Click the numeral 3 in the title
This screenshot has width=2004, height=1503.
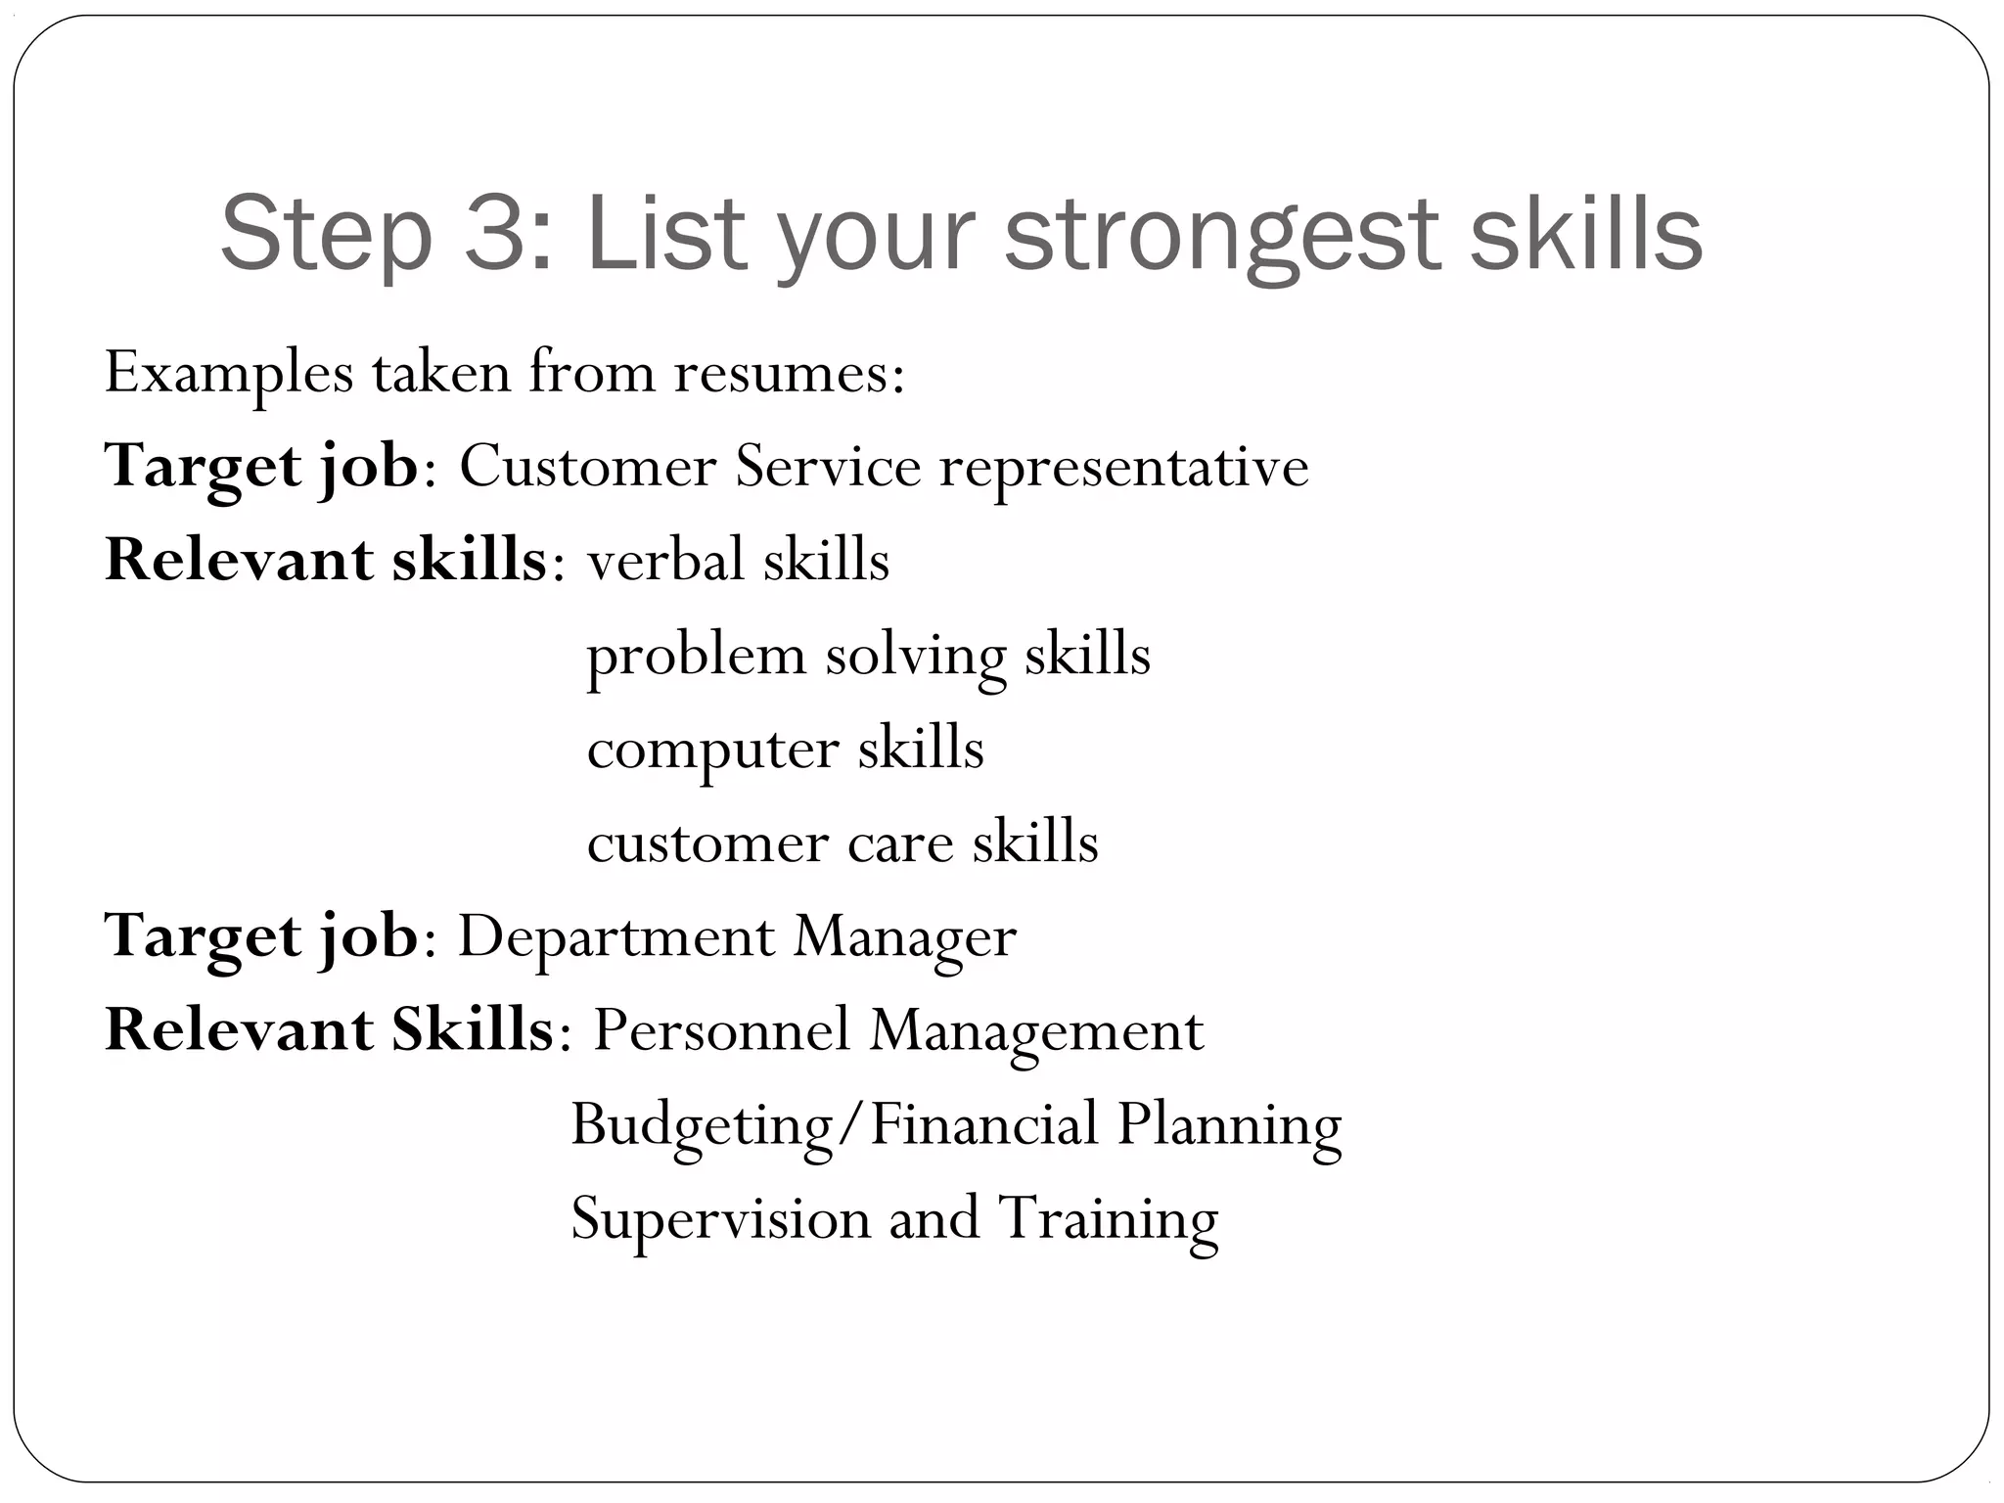[x=498, y=233]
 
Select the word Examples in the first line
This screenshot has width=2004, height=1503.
[x=229, y=374]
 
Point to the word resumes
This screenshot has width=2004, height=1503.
[x=789, y=374]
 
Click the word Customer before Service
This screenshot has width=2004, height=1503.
[x=587, y=466]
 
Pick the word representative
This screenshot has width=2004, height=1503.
[x=1123, y=468]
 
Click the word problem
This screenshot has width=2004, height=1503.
[x=695, y=656]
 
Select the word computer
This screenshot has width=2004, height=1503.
[x=712, y=750]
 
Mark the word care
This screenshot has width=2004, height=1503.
[x=900, y=843]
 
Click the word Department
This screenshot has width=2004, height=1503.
[x=616, y=936]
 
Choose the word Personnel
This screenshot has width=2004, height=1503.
[x=722, y=1030]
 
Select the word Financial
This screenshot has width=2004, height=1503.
[x=983, y=1124]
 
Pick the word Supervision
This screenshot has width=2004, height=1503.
[x=720, y=1219]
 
